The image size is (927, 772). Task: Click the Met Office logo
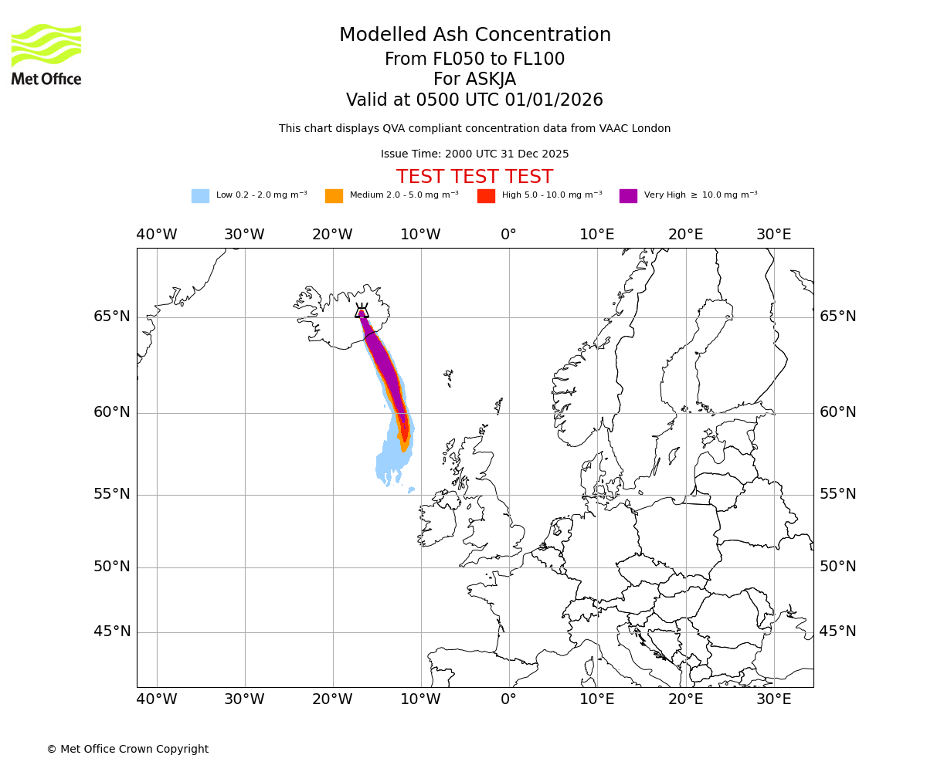coord(46,54)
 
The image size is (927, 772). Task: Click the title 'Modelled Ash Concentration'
coord(474,35)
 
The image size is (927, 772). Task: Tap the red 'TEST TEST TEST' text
coord(474,177)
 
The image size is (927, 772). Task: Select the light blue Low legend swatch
coord(200,196)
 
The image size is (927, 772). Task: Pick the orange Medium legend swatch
coord(334,196)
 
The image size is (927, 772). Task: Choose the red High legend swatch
coord(486,196)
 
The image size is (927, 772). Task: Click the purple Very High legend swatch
coord(628,196)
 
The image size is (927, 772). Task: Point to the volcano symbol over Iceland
coord(362,311)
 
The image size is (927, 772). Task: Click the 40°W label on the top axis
coord(156,235)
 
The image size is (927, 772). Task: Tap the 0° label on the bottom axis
coord(508,699)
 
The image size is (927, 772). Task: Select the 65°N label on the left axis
coord(112,317)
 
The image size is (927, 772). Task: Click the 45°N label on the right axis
coord(837,631)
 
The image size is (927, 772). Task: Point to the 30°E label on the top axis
coord(773,235)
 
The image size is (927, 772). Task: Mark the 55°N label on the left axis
coord(112,494)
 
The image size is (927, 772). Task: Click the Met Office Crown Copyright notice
coord(127,749)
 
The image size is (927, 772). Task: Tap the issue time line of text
coord(474,154)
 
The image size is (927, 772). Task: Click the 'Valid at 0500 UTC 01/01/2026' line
coord(474,100)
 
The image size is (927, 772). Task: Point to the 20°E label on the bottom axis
coord(685,699)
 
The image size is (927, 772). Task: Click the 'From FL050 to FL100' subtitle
coord(474,59)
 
